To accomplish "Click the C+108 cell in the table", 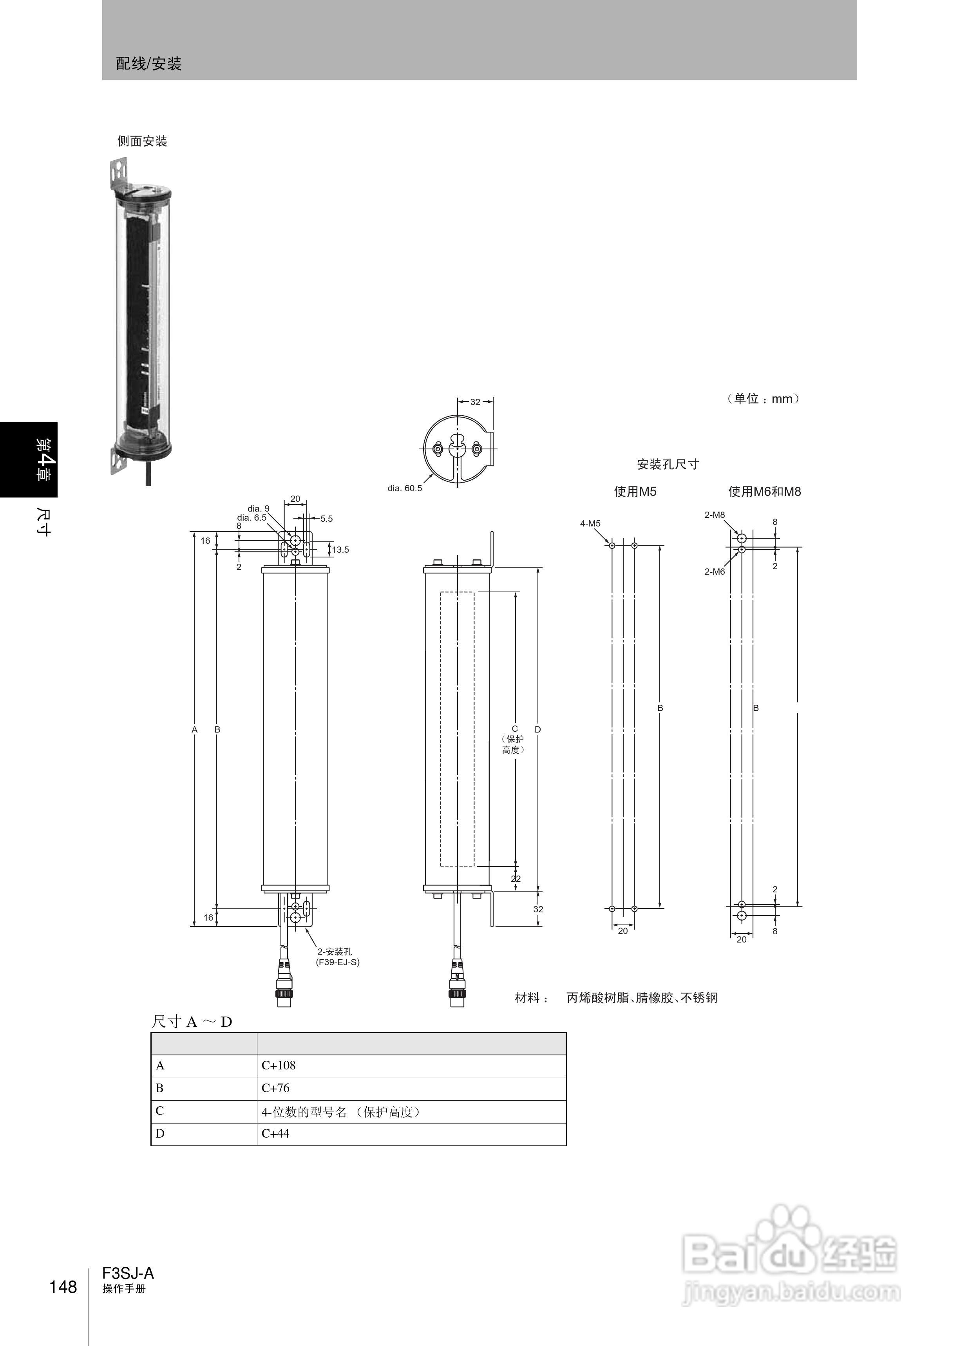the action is [278, 1066].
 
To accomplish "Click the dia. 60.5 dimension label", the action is [405, 488].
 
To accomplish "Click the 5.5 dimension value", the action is [327, 519].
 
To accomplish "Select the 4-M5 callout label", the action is [590, 523].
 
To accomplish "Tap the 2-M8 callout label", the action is [715, 515].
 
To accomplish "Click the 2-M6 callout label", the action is [715, 572].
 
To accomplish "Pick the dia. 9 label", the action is [258, 508].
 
